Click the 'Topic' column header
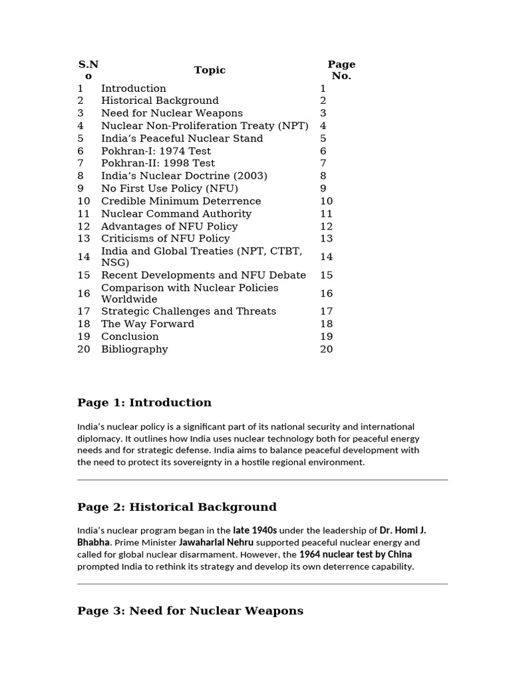(x=210, y=70)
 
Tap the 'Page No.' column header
(x=341, y=70)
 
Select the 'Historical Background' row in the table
(x=160, y=100)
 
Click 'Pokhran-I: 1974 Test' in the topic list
(x=156, y=151)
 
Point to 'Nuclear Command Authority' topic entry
(x=176, y=213)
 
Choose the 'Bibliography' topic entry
(x=134, y=349)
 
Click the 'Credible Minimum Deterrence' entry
(x=181, y=201)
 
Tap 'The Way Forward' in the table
(x=148, y=324)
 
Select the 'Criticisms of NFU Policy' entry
(x=165, y=238)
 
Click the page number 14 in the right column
(x=326, y=257)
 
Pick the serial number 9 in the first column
(x=81, y=188)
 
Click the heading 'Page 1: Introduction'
(x=144, y=402)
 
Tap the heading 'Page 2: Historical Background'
(x=177, y=507)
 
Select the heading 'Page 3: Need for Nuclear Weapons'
(x=190, y=611)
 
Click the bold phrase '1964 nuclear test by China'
(x=355, y=555)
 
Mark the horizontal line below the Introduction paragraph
(x=262, y=479)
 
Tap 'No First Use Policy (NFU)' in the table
(x=170, y=188)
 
